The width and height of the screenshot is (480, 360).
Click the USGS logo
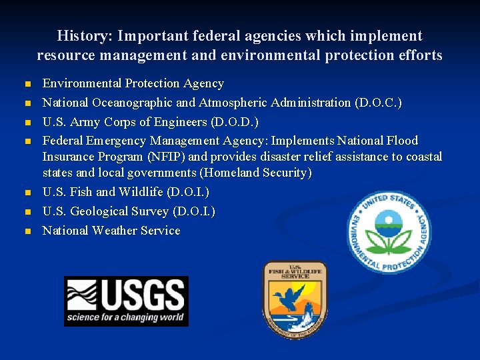coord(126,301)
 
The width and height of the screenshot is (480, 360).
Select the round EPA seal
coord(389,232)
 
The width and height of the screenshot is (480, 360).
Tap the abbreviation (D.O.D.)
coord(234,122)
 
